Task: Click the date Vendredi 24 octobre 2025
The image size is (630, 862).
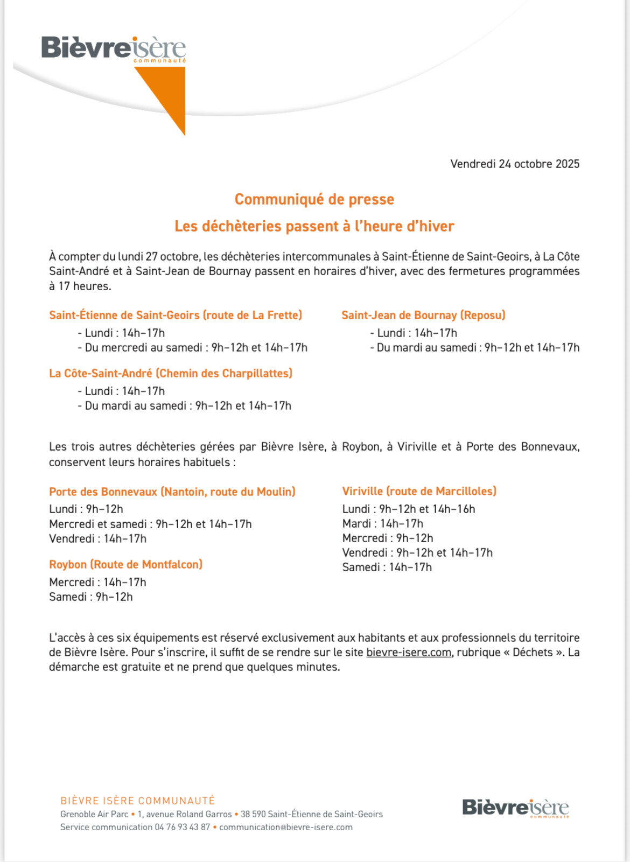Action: tap(515, 164)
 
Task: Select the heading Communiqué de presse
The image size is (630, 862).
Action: tap(314, 199)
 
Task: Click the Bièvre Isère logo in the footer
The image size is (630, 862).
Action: tap(515, 808)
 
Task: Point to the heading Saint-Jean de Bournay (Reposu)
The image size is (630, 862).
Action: tap(423, 315)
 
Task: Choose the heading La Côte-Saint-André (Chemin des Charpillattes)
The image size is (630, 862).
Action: tap(171, 373)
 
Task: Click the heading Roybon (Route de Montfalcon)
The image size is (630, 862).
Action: tap(125, 564)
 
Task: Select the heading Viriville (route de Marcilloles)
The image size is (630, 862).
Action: tap(419, 491)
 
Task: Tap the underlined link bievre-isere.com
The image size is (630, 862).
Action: tap(409, 652)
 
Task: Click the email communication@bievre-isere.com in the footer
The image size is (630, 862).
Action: tap(286, 827)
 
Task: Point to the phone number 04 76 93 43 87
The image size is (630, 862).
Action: tap(182, 827)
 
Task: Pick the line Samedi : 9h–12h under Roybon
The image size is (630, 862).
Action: tap(91, 597)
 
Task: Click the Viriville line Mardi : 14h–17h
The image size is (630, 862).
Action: tap(383, 523)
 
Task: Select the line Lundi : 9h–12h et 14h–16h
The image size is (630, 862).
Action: tap(409, 509)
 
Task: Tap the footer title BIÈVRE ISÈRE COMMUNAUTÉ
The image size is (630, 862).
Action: tap(138, 801)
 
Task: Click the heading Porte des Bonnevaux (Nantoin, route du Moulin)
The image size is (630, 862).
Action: tap(172, 492)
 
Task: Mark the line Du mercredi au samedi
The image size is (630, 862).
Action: tap(196, 347)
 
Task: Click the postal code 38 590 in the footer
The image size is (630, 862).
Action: tap(253, 814)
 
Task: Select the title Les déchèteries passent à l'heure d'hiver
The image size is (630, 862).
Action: tap(314, 226)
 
